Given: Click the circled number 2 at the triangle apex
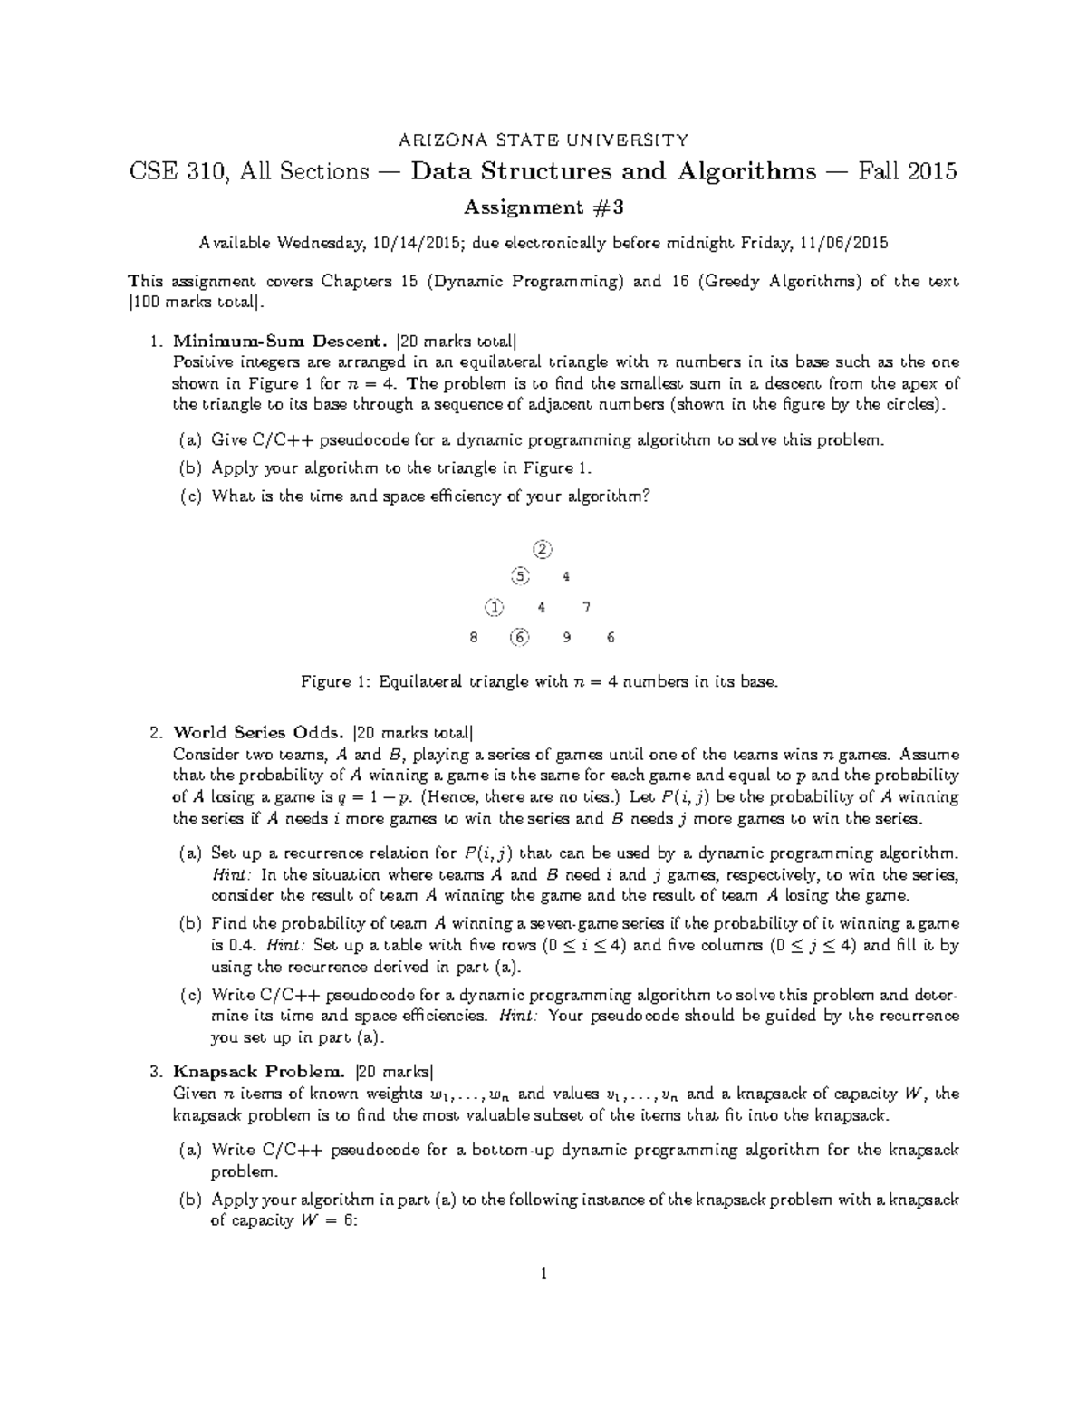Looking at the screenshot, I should coord(542,549).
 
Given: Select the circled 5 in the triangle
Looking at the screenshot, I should coord(518,576).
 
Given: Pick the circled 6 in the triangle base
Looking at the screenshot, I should coord(518,637).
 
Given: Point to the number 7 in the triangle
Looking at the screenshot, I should coord(587,607).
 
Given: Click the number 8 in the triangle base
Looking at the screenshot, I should coord(473,637).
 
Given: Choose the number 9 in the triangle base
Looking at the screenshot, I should coord(566,637).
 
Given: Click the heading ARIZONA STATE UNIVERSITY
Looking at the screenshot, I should coord(543,140).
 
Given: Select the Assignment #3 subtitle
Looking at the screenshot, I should coord(543,207).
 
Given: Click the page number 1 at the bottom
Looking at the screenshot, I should coord(543,1275).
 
